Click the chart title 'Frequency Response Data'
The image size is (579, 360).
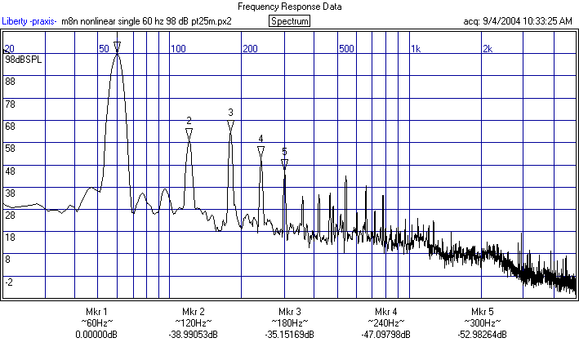(x=289, y=6)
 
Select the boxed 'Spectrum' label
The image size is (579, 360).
(x=289, y=20)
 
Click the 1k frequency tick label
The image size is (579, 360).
(x=415, y=49)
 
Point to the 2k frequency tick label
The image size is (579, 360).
(x=487, y=49)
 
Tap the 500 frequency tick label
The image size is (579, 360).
(x=347, y=49)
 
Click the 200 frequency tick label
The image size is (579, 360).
(x=250, y=49)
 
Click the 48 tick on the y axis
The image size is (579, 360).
(x=11, y=171)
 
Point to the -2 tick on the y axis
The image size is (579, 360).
(x=10, y=282)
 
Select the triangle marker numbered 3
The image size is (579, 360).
(x=231, y=124)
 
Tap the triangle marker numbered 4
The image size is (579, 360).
(x=261, y=150)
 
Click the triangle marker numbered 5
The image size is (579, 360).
(x=284, y=163)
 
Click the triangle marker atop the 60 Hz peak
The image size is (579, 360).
(x=118, y=46)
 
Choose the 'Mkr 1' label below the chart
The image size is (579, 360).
(x=96, y=312)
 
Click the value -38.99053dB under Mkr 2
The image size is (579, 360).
(x=193, y=335)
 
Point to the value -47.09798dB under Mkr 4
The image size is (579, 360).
(x=386, y=335)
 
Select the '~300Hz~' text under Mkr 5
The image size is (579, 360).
(x=483, y=323)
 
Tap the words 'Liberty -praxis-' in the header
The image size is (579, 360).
(x=29, y=20)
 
